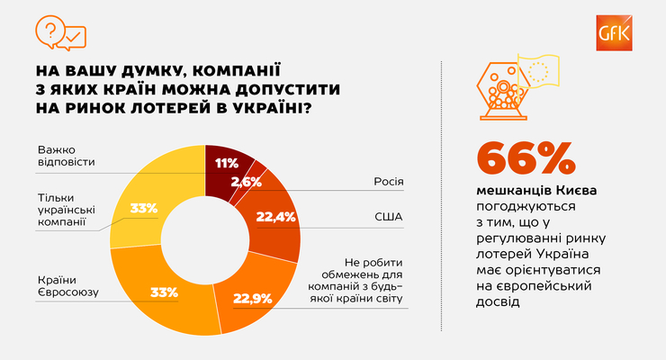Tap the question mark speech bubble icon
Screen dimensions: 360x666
(x=49, y=30)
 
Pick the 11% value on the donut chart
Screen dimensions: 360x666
(x=226, y=163)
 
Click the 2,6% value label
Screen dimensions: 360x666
(x=247, y=181)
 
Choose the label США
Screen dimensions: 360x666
(x=389, y=217)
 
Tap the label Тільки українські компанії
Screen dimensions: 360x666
(x=69, y=210)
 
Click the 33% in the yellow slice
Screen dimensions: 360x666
(x=143, y=207)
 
